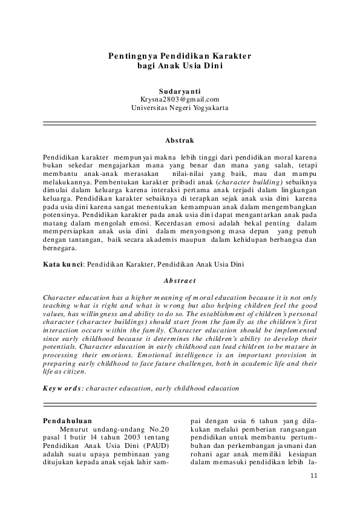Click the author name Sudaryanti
(180, 91)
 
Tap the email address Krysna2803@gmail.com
(180, 99)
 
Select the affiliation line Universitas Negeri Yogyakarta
(180, 108)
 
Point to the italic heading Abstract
(180, 280)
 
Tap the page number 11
(313, 476)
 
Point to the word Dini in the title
(214, 65)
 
